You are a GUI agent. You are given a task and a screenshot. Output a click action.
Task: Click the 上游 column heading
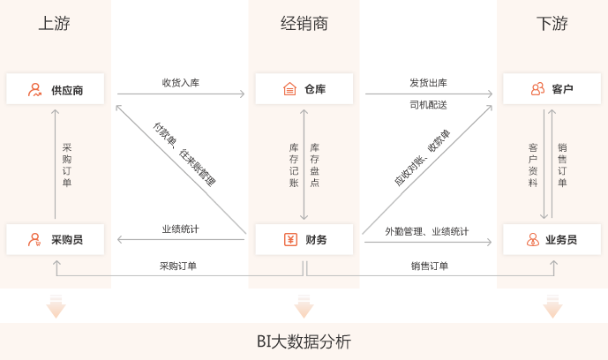(55, 24)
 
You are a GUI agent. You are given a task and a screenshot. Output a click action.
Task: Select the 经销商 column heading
(304, 24)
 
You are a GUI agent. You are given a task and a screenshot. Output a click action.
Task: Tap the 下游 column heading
(552, 24)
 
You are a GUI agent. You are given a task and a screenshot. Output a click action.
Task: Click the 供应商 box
(55, 89)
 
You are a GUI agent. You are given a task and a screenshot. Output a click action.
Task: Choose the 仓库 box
(304, 89)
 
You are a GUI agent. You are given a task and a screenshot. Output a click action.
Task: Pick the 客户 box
(552, 89)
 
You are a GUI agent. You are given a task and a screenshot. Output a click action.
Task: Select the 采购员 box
(55, 239)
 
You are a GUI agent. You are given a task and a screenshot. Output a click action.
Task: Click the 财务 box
(304, 239)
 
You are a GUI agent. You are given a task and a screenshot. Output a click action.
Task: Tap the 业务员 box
(552, 239)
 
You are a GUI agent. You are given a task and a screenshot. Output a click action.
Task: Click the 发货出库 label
(428, 83)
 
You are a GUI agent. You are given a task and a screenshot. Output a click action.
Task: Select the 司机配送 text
(428, 105)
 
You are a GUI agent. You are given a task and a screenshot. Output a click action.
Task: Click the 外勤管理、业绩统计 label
(426, 231)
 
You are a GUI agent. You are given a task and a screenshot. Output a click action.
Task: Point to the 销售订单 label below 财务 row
(429, 266)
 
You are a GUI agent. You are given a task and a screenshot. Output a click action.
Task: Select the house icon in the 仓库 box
(289, 89)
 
